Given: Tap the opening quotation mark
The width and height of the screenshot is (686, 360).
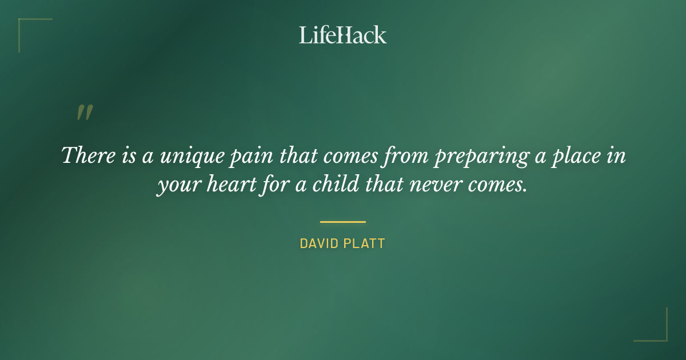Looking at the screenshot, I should (x=85, y=113).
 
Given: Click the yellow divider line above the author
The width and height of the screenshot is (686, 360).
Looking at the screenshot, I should (x=343, y=222).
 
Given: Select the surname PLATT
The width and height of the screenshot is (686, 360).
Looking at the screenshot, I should (x=366, y=244).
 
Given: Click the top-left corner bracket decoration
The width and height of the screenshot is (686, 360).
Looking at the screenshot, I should (x=26, y=26).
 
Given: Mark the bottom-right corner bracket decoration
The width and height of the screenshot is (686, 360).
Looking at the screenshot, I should (x=660, y=334).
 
